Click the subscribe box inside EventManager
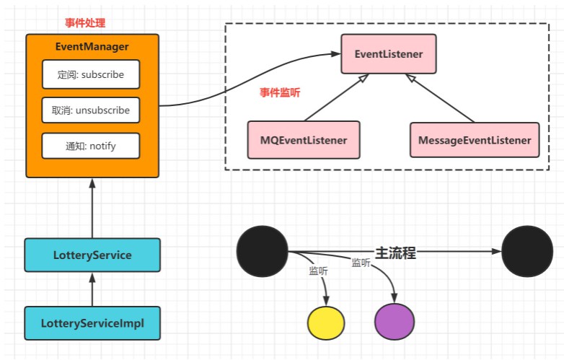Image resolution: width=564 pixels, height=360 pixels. [91, 74]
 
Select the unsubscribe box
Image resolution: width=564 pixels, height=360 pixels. [91, 110]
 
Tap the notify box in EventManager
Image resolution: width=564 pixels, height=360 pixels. [91, 146]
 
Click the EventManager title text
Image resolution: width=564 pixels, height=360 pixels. [92, 46]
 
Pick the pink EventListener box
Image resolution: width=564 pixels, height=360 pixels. [389, 54]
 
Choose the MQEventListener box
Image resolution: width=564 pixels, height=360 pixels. [304, 140]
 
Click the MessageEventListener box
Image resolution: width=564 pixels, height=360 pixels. [475, 140]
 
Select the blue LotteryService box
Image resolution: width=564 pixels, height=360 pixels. [92, 255]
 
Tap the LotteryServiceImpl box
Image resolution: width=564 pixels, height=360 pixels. [92, 323]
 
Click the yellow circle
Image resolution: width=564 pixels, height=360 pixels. [326, 323]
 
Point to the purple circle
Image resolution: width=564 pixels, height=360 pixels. [395, 322]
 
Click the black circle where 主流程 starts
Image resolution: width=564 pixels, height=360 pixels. [263, 251]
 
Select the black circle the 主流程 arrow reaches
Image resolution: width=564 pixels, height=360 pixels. [527, 251]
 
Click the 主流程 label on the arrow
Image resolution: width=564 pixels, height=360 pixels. [395, 253]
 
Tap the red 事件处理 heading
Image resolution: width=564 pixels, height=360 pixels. [85, 23]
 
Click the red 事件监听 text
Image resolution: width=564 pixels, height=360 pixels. [280, 92]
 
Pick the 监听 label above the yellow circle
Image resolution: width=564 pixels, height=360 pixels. [318, 271]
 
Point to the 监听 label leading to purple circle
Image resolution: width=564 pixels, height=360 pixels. [361, 263]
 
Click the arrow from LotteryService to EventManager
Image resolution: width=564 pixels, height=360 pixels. [92, 208]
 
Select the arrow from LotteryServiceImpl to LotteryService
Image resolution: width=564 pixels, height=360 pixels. [92, 289]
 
